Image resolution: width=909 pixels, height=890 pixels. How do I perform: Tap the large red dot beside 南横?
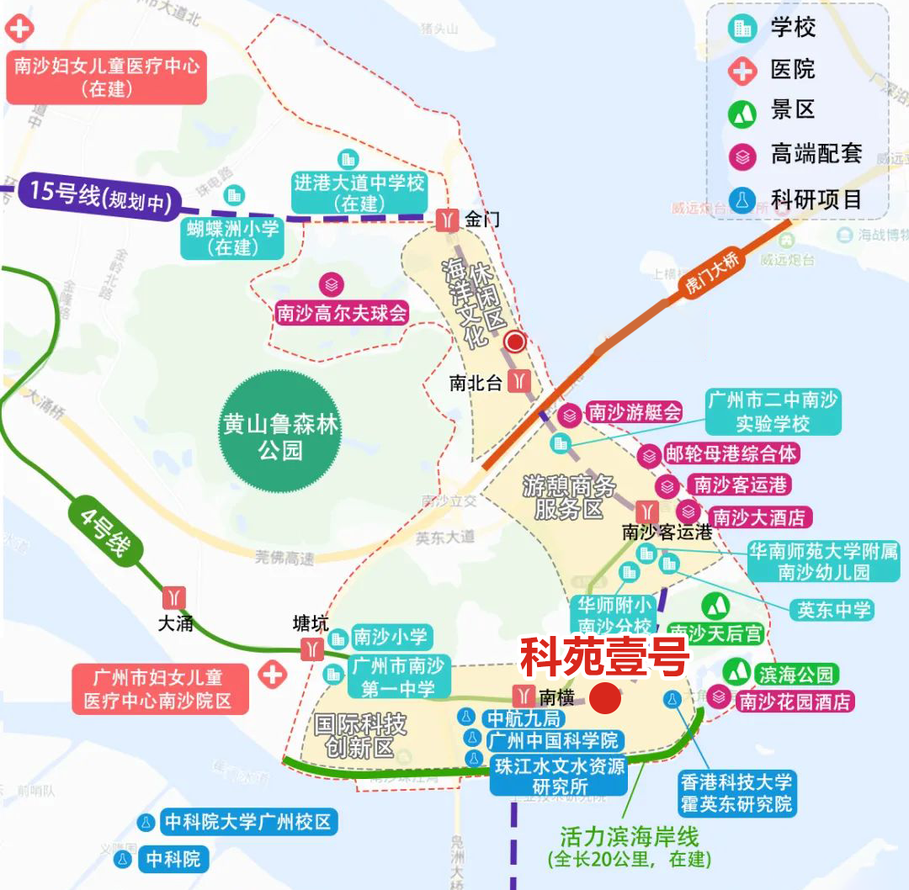point(605,698)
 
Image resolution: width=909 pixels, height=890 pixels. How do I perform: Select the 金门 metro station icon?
point(447,220)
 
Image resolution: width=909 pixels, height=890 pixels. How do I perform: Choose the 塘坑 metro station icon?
point(311,649)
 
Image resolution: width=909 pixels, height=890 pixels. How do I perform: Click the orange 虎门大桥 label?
point(711,274)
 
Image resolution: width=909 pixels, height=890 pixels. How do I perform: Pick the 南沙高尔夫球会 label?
point(342,314)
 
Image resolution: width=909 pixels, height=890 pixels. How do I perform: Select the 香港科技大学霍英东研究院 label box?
point(736,793)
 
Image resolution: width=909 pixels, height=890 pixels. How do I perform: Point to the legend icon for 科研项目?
point(742,200)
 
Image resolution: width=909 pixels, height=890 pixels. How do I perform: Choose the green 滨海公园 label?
point(795,674)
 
